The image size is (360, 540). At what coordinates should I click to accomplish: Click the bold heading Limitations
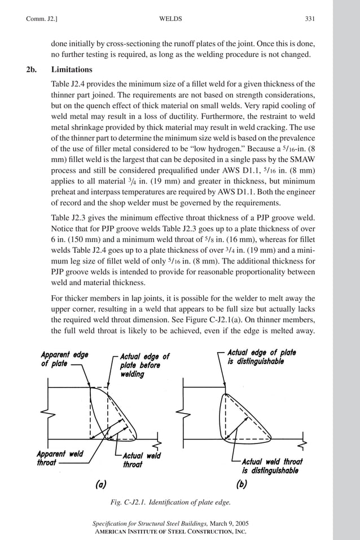click(72, 70)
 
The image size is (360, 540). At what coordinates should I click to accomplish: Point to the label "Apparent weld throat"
click(60, 458)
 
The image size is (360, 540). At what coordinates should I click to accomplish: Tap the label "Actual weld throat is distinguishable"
click(271, 466)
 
